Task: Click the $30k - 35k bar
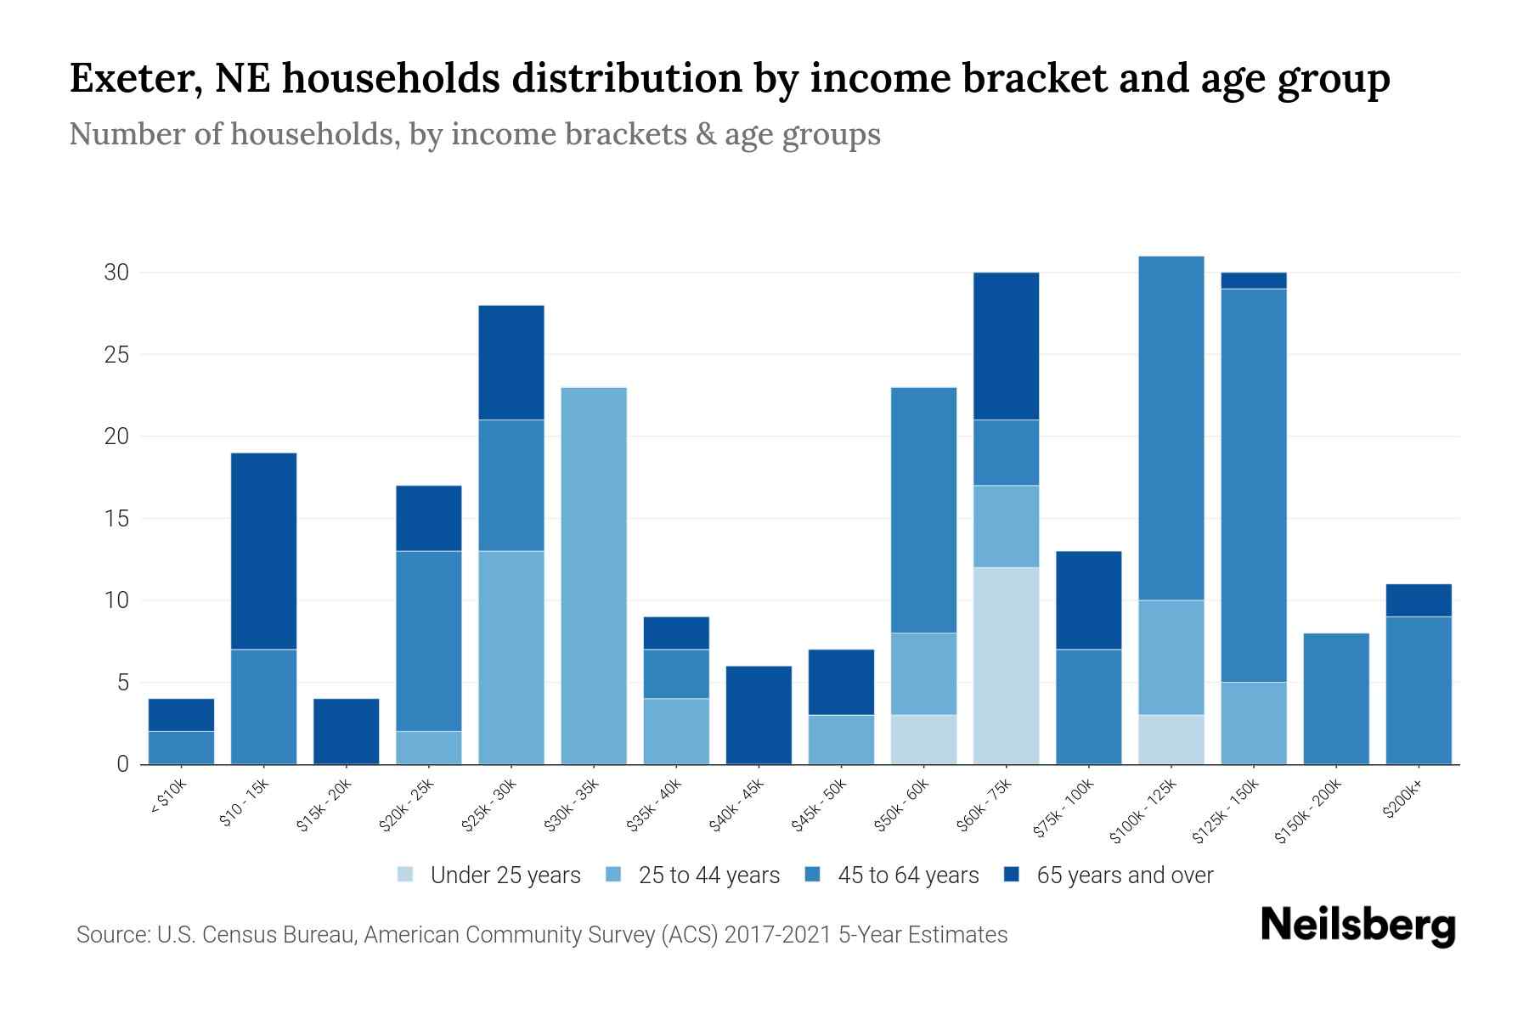click(x=594, y=576)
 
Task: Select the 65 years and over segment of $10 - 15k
click(x=263, y=551)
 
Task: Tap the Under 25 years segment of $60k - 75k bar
click(x=1006, y=666)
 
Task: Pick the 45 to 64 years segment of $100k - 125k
click(x=1171, y=428)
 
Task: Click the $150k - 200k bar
click(x=1336, y=699)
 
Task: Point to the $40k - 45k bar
click(x=759, y=715)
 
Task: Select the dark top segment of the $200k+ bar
click(x=1419, y=600)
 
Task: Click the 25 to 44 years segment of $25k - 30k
click(x=511, y=657)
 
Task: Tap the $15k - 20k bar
click(x=346, y=731)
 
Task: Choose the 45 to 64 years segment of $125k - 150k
click(x=1254, y=485)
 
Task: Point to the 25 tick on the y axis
click(x=116, y=355)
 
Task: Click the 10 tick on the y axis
click(x=116, y=601)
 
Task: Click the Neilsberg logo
click(x=1357, y=926)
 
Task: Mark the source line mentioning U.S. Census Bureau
click(x=541, y=935)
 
